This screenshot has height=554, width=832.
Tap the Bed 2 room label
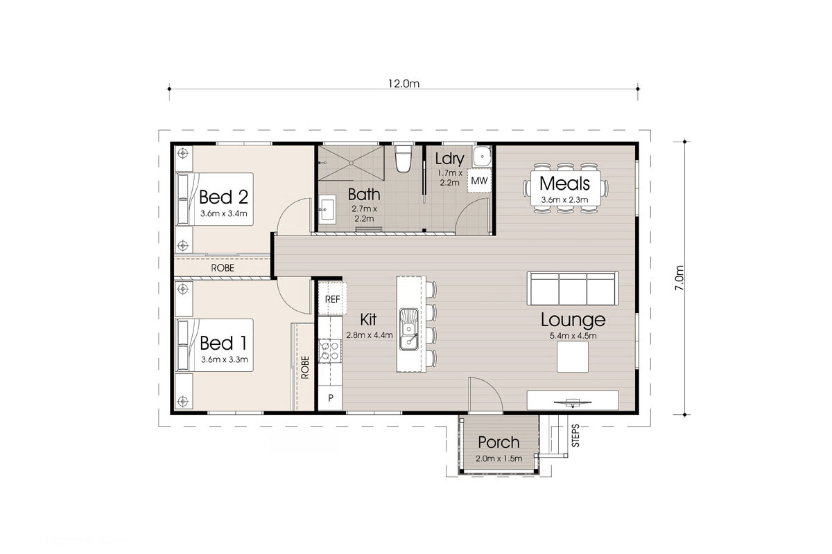click(223, 196)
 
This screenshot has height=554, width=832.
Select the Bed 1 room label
click(223, 343)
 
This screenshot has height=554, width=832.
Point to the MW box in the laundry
click(478, 181)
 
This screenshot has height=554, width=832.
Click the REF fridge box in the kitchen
click(332, 299)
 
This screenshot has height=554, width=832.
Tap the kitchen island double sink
click(409, 329)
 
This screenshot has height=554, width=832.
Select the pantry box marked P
click(331, 398)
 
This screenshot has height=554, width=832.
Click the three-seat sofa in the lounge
click(573, 288)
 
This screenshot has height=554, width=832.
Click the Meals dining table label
click(564, 184)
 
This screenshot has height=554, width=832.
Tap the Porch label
click(499, 443)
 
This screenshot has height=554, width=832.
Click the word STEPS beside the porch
click(575, 436)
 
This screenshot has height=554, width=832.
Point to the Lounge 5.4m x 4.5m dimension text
click(573, 336)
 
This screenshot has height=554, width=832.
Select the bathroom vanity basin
click(327, 207)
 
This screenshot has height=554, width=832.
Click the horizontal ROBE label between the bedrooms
click(222, 267)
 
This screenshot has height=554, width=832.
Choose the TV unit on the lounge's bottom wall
click(572, 400)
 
